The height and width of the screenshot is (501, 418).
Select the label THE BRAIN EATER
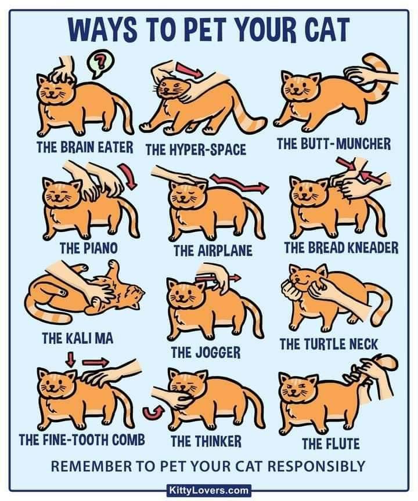click(x=85, y=147)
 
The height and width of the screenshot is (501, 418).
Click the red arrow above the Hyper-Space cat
click(x=189, y=70)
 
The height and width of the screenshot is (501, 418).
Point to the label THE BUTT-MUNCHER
click(x=334, y=144)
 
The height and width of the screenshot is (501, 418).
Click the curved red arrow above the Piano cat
click(x=128, y=176)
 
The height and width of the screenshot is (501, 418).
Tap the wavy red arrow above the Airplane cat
click(x=238, y=184)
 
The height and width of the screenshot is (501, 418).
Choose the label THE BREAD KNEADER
click(x=341, y=248)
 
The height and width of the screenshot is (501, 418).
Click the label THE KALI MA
click(x=78, y=338)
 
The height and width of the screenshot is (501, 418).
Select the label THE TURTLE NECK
click(x=329, y=344)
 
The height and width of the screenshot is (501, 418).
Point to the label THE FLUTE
click(x=331, y=444)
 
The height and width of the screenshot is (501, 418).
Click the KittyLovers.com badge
click(x=209, y=490)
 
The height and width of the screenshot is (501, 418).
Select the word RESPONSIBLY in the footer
click(x=316, y=466)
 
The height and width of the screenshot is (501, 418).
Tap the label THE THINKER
click(x=206, y=441)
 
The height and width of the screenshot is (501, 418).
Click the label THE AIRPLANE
click(x=213, y=251)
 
